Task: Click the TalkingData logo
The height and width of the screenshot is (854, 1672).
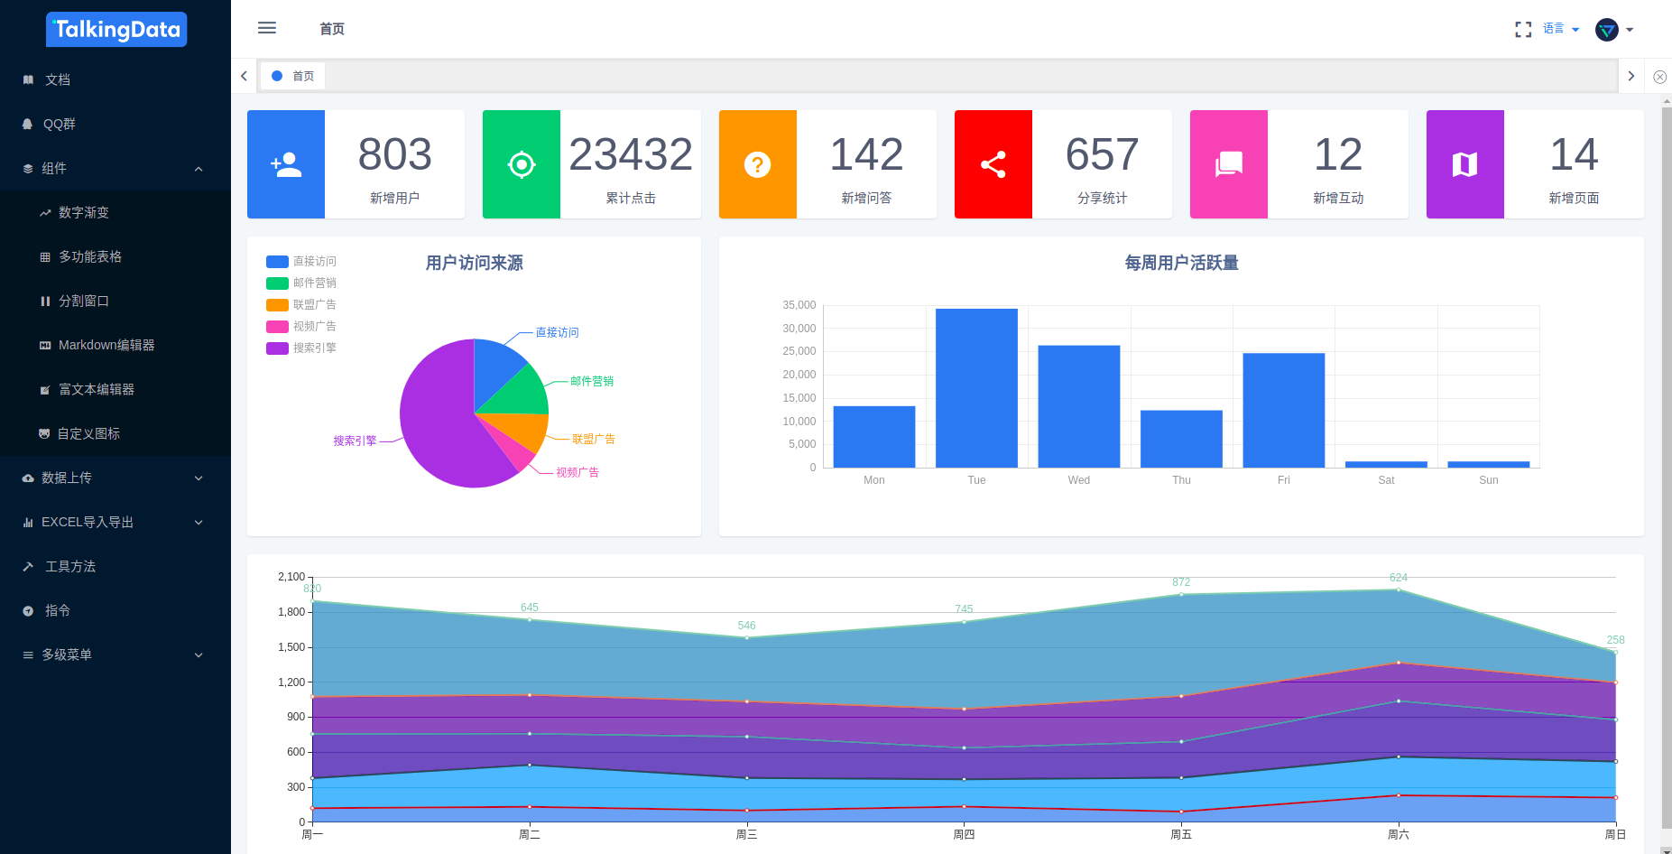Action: pos(116,30)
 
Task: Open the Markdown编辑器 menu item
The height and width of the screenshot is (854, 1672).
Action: pos(106,345)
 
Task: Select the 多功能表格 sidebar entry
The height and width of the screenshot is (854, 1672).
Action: pos(89,256)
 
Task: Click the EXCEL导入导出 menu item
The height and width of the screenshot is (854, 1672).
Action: pos(88,522)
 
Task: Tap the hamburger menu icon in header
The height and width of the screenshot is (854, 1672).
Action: pos(267,28)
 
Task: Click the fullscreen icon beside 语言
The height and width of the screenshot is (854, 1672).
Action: pos(1523,30)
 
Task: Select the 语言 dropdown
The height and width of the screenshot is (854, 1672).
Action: pos(1560,29)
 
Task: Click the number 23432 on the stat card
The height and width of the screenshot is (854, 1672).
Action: pos(631,154)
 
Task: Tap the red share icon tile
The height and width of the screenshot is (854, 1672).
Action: pos(993,164)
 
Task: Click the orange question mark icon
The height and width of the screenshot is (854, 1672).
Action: pos(758,164)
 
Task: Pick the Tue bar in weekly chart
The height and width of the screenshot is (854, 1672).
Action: pos(976,388)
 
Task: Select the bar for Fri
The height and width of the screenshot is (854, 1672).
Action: pos(1283,410)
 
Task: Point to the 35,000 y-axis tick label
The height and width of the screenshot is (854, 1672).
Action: pos(799,305)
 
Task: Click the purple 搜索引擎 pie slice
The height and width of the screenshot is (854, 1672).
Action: pos(442,424)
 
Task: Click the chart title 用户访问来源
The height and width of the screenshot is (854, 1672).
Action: pos(475,263)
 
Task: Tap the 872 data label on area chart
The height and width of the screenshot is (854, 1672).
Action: pos(1181,582)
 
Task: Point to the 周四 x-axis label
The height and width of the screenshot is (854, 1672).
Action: pos(964,834)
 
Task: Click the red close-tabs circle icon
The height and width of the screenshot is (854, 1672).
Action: pos(1659,77)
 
